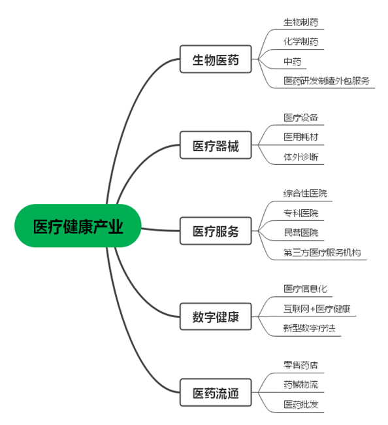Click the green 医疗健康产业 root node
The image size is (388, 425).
(x=78, y=226)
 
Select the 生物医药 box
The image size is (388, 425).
(x=216, y=59)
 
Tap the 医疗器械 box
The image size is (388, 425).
(x=216, y=145)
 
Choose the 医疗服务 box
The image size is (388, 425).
(x=216, y=231)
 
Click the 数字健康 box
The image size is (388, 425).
(x=216, y=316)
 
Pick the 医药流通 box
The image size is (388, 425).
(x=216, y=392)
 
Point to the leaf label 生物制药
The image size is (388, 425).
(x=300, y=22)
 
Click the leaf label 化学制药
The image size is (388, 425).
(x=300, y=42)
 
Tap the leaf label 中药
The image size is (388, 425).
(x=292, y=61)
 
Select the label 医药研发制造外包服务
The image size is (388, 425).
(x=326, y=81)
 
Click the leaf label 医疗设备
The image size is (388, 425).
(x=300, y=118)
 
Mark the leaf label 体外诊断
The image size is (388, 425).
(x=300, y=157)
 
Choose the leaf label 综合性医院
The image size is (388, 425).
(x=305, y=194)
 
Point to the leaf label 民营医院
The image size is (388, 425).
(x=300, y=233)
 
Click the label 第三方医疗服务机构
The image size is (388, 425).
(x=322, y=252)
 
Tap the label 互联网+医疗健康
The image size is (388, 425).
(x=317, y=309)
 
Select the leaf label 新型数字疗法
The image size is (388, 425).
(x=309, y=328)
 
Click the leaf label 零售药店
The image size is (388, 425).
(x=300, y=365)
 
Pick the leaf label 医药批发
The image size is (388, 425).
(x=300, y=405)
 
